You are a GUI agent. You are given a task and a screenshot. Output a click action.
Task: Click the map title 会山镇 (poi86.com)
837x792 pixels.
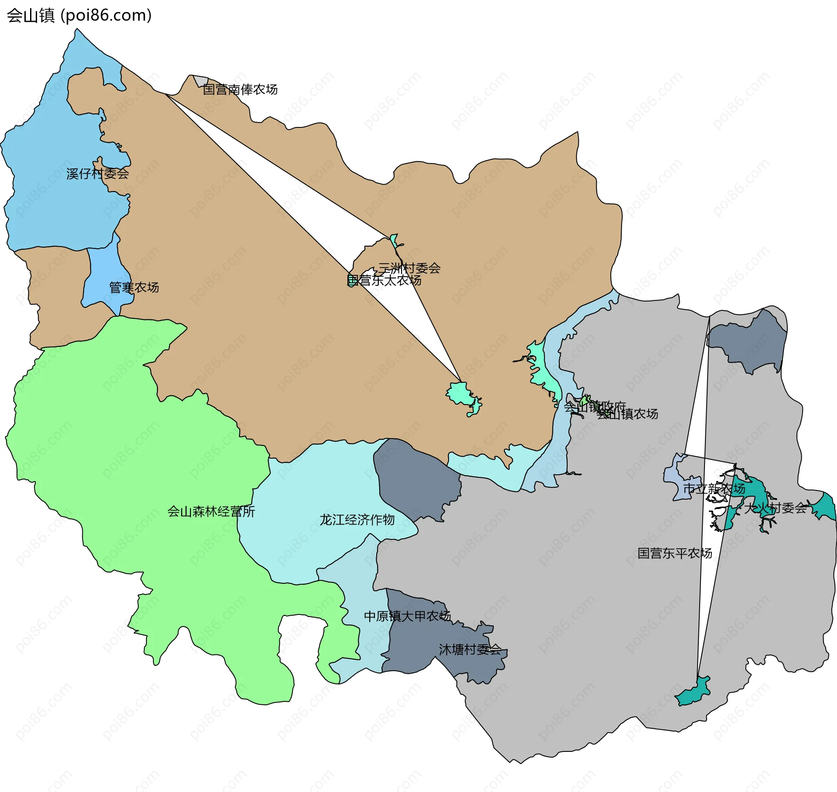79,15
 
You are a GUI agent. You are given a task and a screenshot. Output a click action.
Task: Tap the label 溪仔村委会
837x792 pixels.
97,174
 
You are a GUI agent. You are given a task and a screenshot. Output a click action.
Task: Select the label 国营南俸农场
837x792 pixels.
240,89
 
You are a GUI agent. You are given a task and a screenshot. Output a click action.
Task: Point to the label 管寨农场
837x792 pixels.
133,287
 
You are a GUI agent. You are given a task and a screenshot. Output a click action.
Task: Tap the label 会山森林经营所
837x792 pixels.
211,511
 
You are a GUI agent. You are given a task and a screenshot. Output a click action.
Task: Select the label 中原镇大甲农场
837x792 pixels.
407,616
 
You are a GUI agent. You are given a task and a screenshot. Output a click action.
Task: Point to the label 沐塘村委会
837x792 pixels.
470,650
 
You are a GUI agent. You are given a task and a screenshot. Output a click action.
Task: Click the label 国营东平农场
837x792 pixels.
674,553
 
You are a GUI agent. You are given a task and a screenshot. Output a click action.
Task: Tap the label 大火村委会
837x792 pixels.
775,508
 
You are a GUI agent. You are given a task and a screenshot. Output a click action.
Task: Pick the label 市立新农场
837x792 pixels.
714,489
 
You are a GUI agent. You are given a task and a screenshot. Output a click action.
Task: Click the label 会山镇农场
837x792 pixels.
628,414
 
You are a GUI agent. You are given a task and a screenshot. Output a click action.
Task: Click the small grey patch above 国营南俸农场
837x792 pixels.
201,81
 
